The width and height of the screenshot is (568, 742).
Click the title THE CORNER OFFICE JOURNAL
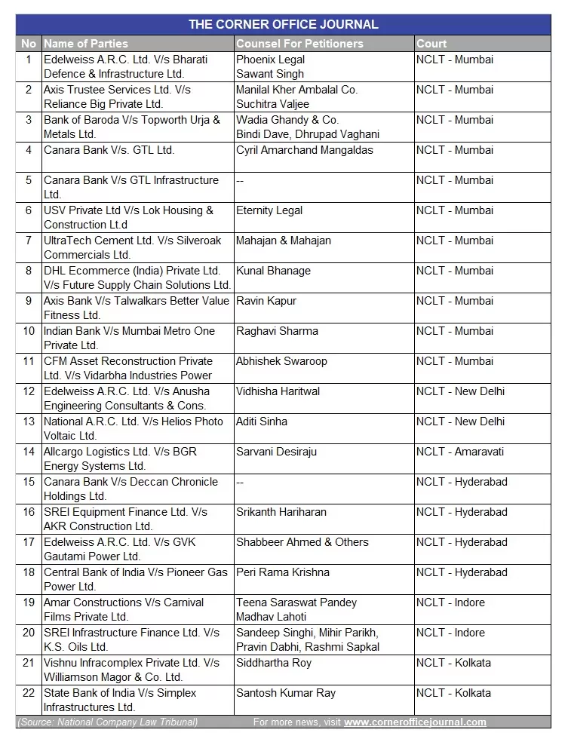(x=283, y=24)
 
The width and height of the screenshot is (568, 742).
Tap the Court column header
(x=431, y=44)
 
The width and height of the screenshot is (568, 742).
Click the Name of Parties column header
(x=86, y=44)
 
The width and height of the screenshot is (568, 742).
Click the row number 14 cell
(x=29, y=452)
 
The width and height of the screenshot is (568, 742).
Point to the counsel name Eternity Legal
(x=269, y=210)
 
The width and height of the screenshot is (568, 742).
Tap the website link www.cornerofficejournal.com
(x=415, y=722)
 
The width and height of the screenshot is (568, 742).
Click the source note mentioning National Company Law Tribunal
(x=108, y=722)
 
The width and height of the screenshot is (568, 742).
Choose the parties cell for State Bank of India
(x=120, y=700)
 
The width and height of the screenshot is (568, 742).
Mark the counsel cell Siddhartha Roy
(x=274, y=663)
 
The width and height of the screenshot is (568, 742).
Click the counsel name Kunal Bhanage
(x=273, y=271)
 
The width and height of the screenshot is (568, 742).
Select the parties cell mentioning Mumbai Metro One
(x=129, y=338)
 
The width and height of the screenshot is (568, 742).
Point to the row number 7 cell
(x=29, y=241)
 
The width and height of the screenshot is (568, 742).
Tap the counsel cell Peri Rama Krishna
(x=283, y=572)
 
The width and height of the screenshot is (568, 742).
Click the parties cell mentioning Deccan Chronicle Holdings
(x=130, y=489)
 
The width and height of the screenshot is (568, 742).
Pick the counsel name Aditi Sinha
(x=262, y=422)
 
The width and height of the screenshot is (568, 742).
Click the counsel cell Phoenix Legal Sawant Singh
(x=271, y=66)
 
